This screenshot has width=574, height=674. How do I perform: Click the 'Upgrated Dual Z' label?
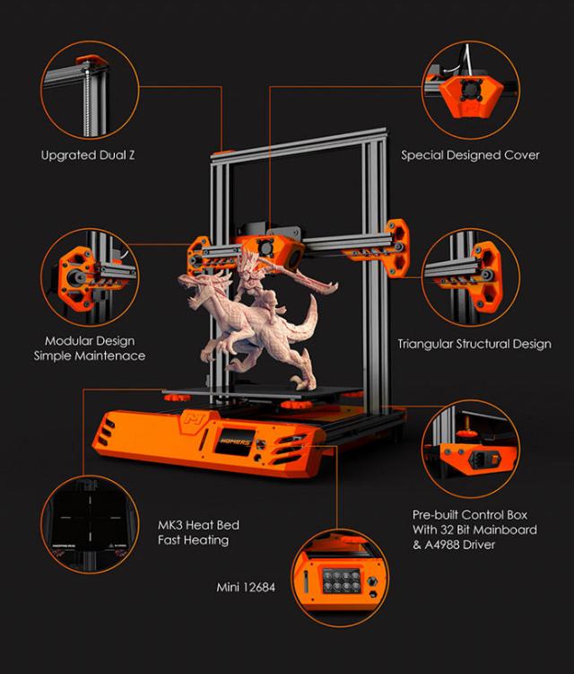[x=88, y=155]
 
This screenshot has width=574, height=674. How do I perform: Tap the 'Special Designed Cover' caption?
[x=470, y=155]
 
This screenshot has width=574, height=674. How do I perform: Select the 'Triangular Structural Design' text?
[x=474, y=344]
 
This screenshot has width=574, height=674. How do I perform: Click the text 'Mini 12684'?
[x=246, y=587]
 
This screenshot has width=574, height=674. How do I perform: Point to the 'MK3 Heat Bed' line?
[x=198, y=525]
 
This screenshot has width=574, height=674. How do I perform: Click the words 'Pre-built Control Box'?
[x=470, y=514]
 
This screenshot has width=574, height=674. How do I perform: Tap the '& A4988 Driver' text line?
[x=454, y=545]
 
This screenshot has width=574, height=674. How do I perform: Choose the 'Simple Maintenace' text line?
[x=90, y=356]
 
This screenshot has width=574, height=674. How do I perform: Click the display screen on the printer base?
[x=233, y=442]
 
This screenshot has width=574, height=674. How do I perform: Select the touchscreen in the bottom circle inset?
[x=342, y=581]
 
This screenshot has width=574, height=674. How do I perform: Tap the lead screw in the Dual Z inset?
[x=88, y=100]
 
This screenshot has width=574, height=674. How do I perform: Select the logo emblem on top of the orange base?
[x=195, y=418]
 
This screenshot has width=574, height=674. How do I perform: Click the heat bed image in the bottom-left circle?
[x=90, y=524]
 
